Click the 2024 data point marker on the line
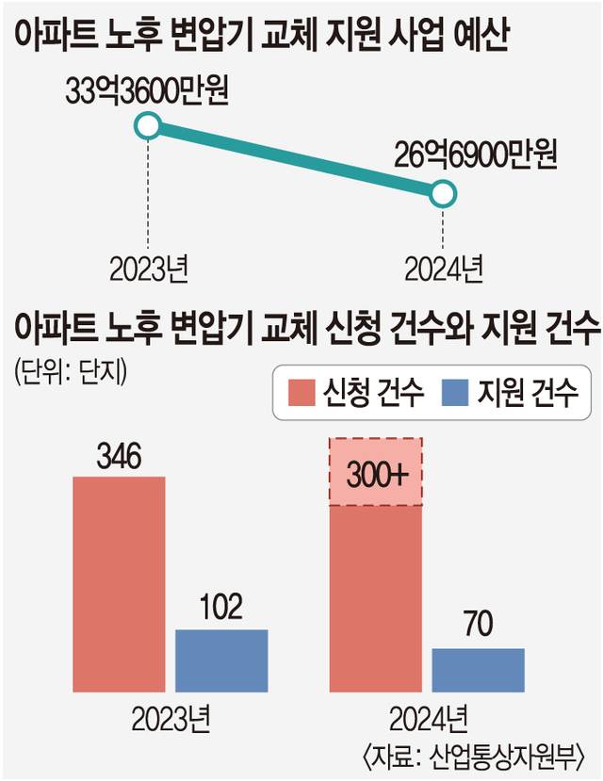(444, 195)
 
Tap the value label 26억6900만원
(476, 153)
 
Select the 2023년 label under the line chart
(149, 269)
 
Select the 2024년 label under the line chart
(444, 269)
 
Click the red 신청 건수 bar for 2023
(119, 584)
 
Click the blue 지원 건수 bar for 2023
(221, 660)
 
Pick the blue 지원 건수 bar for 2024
(478, 670)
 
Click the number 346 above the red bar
(119, 459)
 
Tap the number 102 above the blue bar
(221, 607)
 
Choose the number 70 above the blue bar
(478, 625)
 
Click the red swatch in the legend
(301, 392)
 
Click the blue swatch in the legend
(453, 392)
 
